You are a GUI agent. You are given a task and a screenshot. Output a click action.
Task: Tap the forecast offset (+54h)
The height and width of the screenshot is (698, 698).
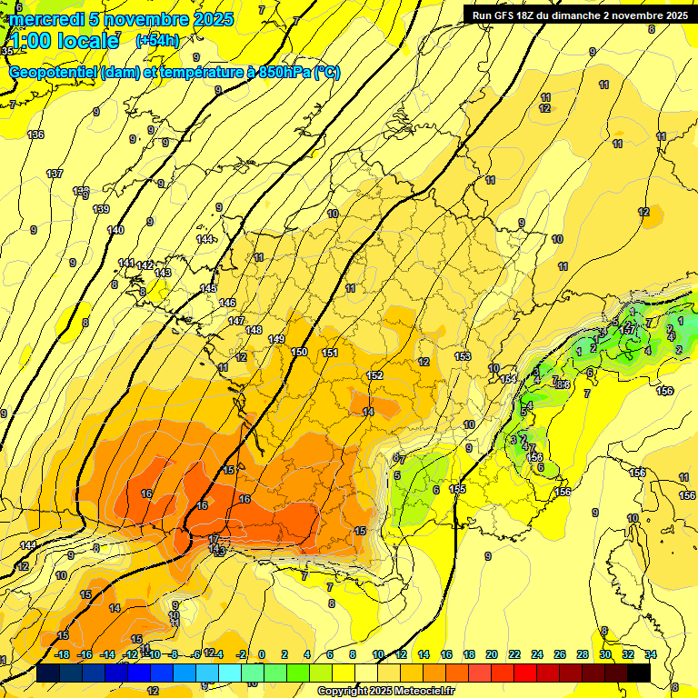[x=157, y=40]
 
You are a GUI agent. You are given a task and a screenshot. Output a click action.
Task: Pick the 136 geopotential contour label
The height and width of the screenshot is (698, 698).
[x=35, y=135]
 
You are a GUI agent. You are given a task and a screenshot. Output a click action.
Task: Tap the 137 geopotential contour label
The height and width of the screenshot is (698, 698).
[x=55, y=174]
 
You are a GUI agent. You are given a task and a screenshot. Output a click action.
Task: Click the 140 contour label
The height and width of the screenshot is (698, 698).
[x=115, y=230]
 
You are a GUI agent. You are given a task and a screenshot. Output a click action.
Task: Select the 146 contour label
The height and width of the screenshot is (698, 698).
[x=227, y=303]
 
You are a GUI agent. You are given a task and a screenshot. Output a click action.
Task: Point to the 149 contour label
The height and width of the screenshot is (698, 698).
[x=277, y=339]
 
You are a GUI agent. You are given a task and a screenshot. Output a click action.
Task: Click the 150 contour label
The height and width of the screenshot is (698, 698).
[x=299, y=352]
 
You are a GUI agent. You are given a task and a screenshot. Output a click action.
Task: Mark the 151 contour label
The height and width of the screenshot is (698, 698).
[x=330, y=353]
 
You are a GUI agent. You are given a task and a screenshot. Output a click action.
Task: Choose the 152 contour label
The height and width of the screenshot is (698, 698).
[x=374, y=375]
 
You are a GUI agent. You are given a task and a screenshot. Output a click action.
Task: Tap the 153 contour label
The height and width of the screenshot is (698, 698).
[x=463, y=356]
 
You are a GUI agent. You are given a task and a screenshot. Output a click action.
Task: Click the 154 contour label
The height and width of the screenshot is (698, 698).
[x=508, y=379]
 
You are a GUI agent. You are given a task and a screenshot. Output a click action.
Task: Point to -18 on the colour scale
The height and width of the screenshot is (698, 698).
[x=62, y=654]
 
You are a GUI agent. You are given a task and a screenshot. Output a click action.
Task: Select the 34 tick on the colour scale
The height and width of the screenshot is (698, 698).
[x=650, y=654]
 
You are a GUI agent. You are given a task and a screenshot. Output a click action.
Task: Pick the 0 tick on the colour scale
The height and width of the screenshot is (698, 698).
[x=262, y=654]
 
